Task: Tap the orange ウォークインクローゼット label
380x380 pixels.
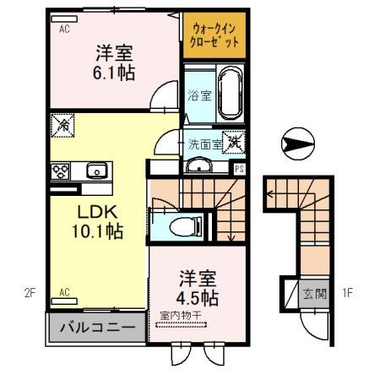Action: click(214, 35)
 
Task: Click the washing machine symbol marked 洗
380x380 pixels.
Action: click(233, 142)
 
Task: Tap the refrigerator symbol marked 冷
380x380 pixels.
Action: click(64, 123)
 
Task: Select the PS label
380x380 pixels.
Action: click(240, 169)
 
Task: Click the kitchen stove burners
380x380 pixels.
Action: click(61, 170)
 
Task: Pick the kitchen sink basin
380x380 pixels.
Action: click(96, 170)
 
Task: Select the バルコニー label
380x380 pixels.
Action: click(95, 327)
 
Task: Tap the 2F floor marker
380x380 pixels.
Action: click(30, 294)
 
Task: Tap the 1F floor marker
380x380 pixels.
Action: click(347, 294)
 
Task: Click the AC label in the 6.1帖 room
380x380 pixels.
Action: click(64, 28)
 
